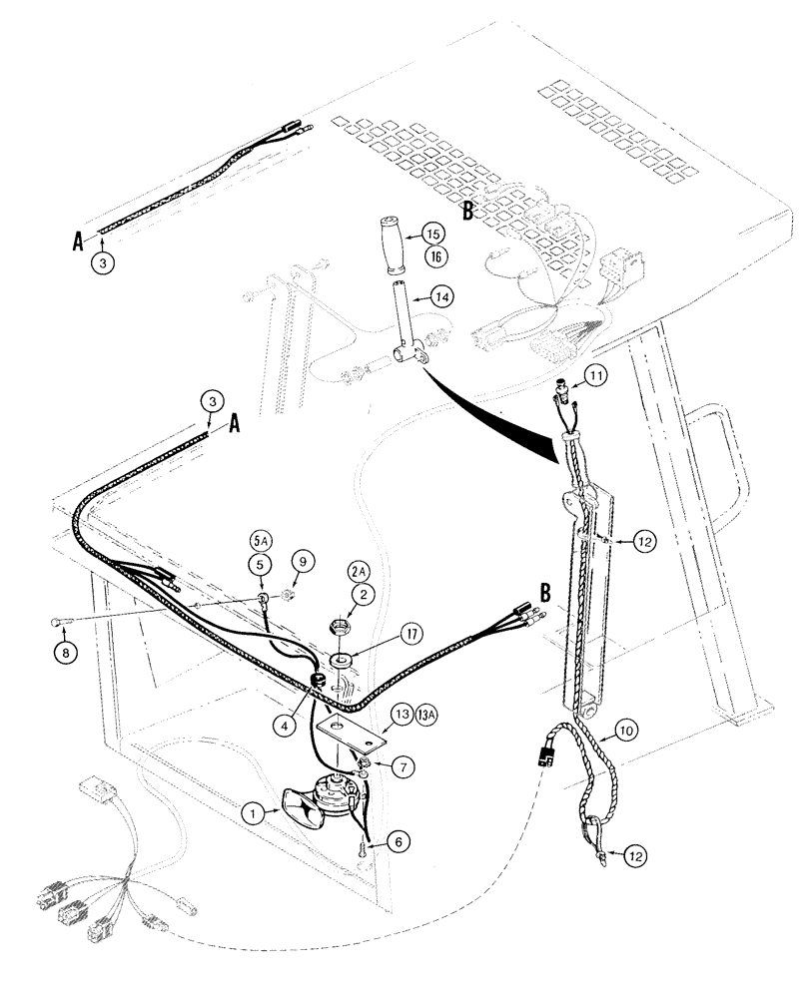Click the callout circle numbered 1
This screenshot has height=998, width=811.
(x=257, y=814)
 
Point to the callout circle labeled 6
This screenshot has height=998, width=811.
(x=400, y=843)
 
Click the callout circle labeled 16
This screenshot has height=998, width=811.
(x=433, y=256)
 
